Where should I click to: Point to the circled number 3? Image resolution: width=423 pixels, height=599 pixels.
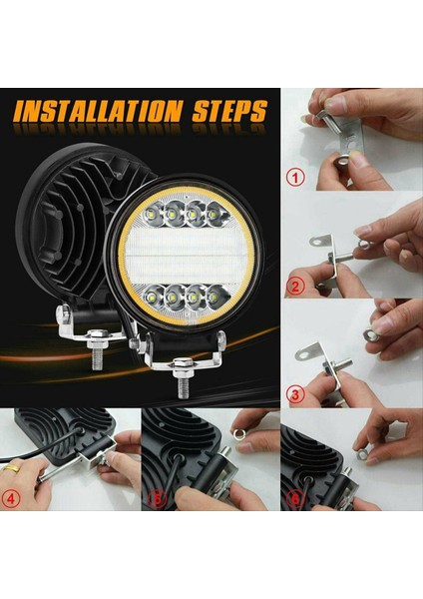[293, 394]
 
